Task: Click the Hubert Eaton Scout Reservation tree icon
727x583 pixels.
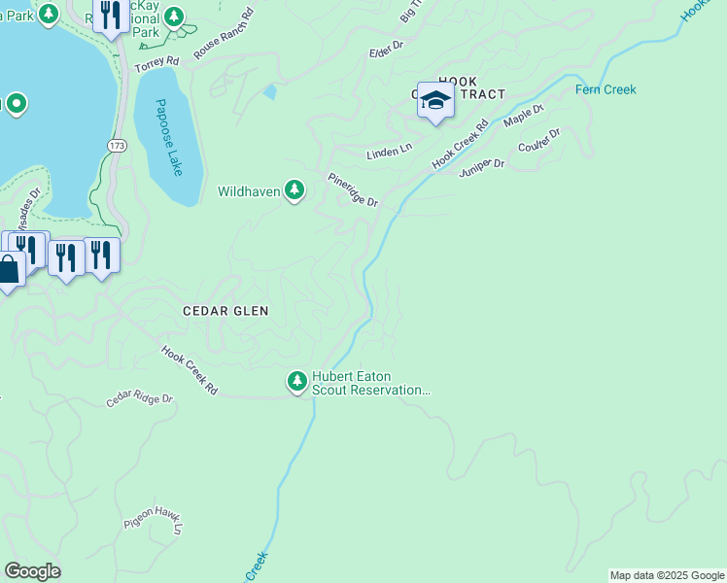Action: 297,380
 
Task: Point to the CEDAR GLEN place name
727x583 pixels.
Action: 225,311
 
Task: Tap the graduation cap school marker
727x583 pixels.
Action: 435,101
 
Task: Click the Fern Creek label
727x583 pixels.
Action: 606,89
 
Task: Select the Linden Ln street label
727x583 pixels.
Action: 389,154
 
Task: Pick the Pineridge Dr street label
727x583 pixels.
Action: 352,189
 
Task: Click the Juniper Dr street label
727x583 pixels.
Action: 482,164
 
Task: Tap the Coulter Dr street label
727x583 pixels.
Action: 539,142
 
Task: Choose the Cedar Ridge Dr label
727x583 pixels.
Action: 139,399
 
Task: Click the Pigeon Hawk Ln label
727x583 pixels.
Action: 154,523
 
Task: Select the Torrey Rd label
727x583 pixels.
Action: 157,62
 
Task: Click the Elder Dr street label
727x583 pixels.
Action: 385,51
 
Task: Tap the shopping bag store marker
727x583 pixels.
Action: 8,269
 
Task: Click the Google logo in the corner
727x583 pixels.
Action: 32,571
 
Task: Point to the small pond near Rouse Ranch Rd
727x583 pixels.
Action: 269,93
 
